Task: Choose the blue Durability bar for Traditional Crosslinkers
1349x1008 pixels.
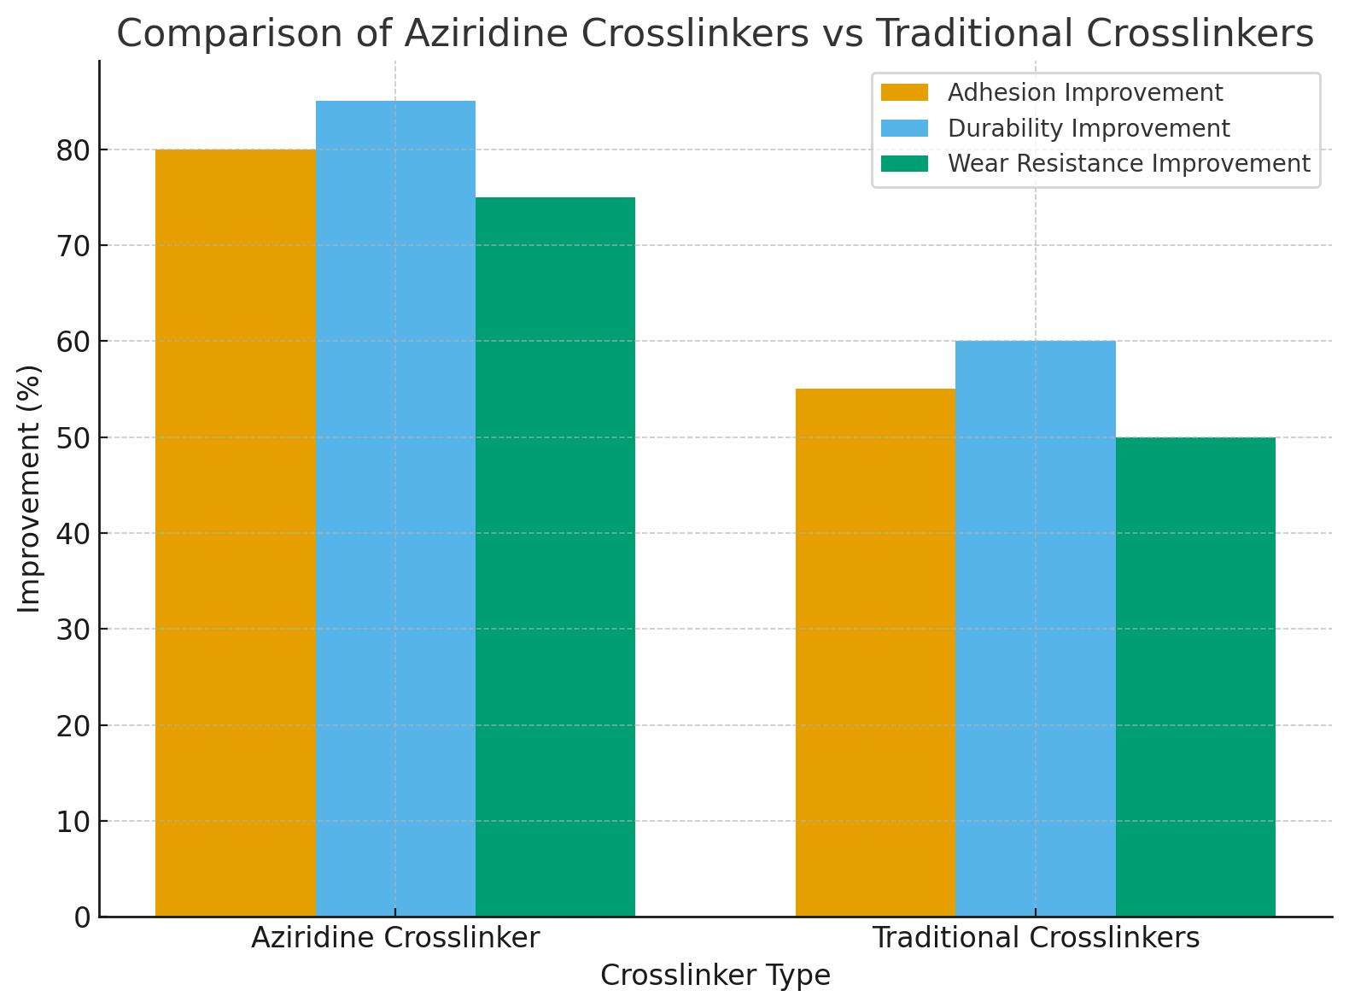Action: coord(1036,629)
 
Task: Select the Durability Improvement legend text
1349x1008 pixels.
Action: coord(1089,128)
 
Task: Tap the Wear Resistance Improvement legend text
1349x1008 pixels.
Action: coord(1129,163)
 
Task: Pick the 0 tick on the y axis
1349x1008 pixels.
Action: coord(83,917)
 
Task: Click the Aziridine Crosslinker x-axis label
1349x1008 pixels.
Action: coord(395,938)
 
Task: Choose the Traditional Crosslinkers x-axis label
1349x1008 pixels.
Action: coord(1036,938)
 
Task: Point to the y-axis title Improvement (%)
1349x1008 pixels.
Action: coord(30,489)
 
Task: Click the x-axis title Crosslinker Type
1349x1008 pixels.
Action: coord(715,976)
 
